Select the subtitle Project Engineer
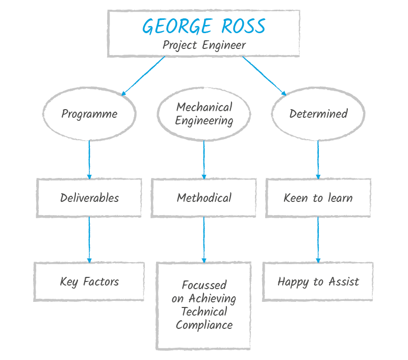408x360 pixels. click(x=204, y=45)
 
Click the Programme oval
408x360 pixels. click(x=89, y=114)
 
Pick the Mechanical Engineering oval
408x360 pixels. click(x=204, y=114)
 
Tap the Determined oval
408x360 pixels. click(x=318, y=114)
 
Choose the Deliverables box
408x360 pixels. click(x=89, y=198)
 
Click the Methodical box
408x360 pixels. click(x=204, y=198)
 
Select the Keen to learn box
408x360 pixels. click(x=318, y=198)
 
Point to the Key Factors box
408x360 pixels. click(x=89, y=281)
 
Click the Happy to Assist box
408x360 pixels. click(x=318, y=281)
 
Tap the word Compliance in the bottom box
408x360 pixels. click(x=204, y=325)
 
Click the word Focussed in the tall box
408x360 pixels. click(x=204, y=285)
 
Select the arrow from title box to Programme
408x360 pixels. click(x=144, y=75)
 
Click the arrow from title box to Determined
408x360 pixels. click(x=264, y=75)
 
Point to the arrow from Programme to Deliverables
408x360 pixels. click(x=89, y=159)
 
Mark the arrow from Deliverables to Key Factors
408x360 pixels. click(x=89, y=240)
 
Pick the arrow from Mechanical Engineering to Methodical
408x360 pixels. click(x=204, y=159)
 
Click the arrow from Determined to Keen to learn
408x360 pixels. click(x=318, y=159)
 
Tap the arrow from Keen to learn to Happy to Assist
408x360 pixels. click(x=318, y=240)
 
